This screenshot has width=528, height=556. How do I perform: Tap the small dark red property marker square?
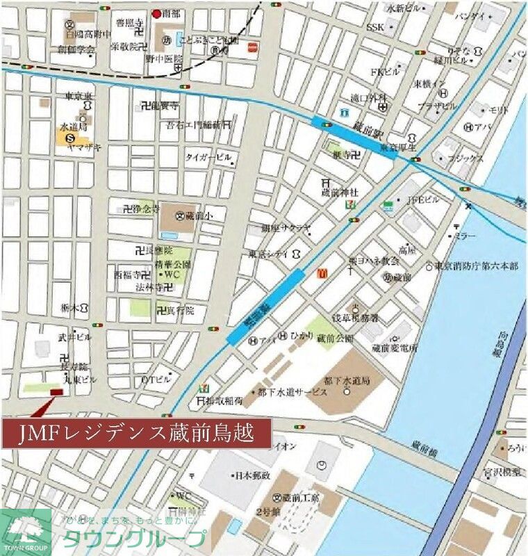click(55, 393)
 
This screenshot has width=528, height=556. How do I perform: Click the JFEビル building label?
click(423, 201)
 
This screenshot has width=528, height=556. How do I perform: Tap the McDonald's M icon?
click(322, 274)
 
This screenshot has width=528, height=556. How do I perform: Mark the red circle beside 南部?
click(157, 13)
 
